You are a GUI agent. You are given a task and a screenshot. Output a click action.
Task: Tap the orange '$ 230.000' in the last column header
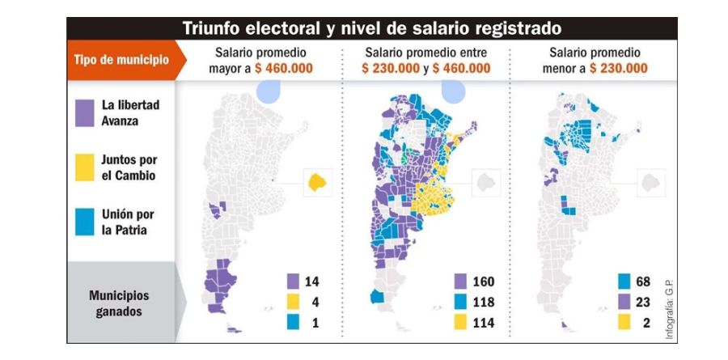(619, 68)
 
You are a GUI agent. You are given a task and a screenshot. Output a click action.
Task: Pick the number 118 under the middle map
(482, 303)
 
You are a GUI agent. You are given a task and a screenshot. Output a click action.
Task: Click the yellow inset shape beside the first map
(318, 182)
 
